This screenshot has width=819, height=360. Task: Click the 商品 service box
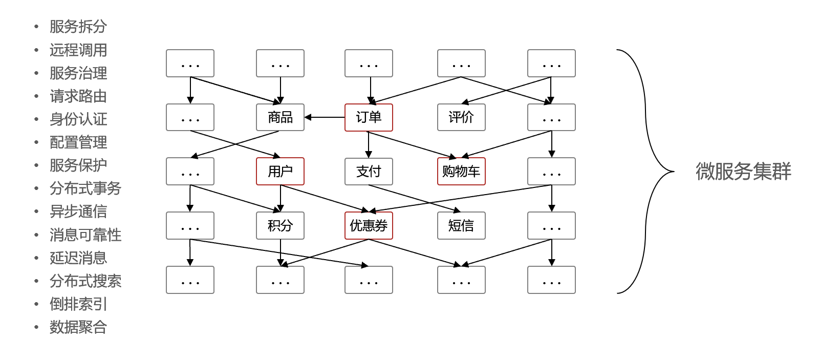tap(280, 117)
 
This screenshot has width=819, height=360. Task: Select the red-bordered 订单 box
tap(369, 117)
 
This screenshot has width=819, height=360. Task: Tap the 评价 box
tap(461, 117)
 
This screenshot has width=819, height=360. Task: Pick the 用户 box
tap(280, 171)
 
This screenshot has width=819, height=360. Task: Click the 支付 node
tap(369, 171)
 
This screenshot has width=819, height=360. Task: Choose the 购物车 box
tap(461, 171)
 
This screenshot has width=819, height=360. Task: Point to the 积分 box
tap(280, 225)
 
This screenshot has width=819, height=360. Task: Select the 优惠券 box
tap(369, 225)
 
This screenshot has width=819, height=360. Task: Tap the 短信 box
tap(461, 225)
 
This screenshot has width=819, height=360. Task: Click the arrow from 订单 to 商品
tap(325, 117)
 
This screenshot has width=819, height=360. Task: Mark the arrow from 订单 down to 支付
tap(369, 144)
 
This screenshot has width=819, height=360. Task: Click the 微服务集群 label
tap(743, 171)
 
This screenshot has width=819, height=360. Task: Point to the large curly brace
tap(646, 171)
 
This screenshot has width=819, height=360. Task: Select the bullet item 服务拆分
tap(78, 27)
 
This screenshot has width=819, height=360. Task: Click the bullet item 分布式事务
tap(85, 188)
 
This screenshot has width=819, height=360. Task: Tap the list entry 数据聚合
tap(78, 327)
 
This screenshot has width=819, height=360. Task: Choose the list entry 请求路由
tap(78, 96)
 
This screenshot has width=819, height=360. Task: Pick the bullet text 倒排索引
tap(78, 304)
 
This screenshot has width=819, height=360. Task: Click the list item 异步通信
tap(78, 211)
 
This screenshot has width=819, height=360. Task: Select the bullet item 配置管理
tap(78, 142)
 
